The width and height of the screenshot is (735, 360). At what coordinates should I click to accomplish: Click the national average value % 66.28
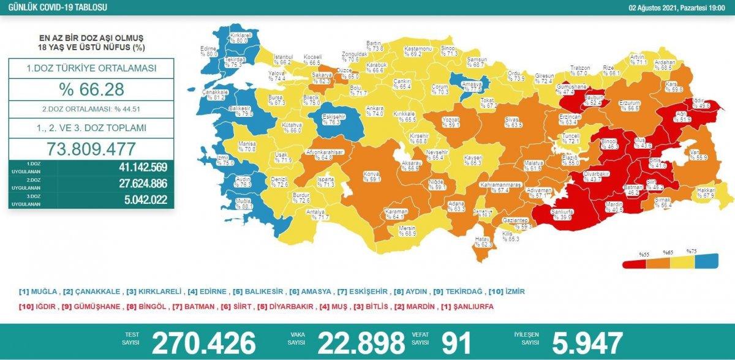click(91, 90)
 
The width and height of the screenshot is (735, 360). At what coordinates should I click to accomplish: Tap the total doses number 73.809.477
click(91, 149)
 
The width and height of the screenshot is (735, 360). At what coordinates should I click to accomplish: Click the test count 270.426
click(203, 343)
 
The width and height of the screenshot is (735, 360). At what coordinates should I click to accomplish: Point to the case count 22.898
click(360, 343)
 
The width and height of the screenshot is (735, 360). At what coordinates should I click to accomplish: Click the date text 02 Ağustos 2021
click(655, 8)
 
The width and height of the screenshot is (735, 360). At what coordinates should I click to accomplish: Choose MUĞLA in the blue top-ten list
click(40, 291)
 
